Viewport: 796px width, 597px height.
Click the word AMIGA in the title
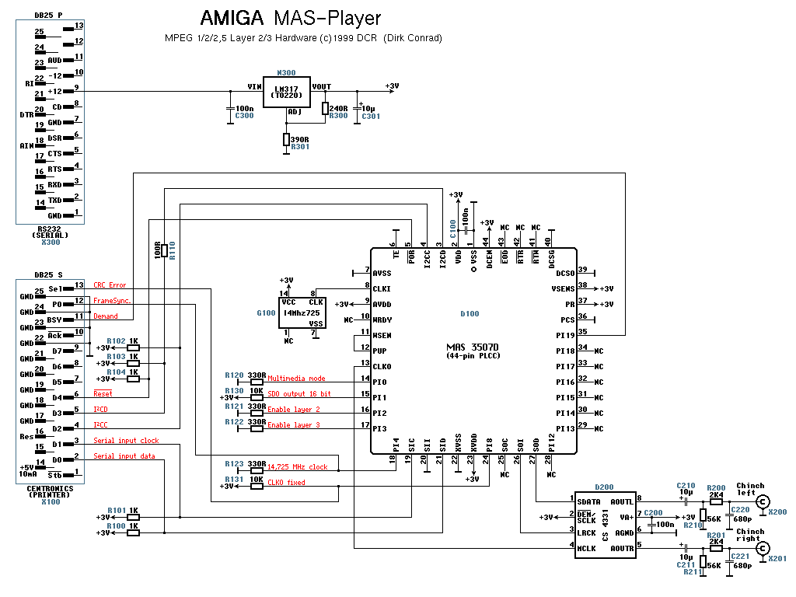tap(230, 19)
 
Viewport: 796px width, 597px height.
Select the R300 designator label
tap(339, 116)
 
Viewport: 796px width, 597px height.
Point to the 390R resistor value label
tap(299, 139)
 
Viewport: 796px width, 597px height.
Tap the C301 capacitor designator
tap(372, 116)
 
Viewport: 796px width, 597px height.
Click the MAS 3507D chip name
tap(472, 347)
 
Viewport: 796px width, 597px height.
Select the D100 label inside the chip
tap(470, 315)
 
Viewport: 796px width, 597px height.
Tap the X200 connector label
tap(777, 512)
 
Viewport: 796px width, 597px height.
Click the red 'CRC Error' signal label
tap(110, 285)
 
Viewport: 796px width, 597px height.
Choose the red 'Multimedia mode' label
tap(296, 379)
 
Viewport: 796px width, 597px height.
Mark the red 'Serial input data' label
tap(124, 456)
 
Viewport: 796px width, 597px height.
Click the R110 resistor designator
tap(173, 250)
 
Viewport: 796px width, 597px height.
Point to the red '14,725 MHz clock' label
tap(298, 467)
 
